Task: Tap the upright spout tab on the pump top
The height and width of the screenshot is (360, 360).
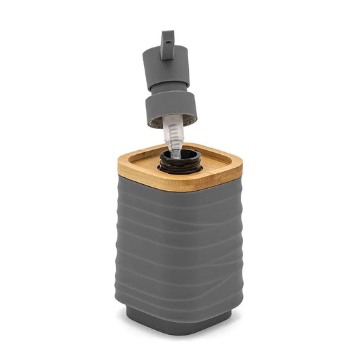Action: pos(167,41)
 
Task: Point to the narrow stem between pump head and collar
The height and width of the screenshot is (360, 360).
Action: pos(169,88)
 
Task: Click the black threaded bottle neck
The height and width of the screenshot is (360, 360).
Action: pos(179,163)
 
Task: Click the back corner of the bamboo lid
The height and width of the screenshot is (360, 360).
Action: pos(204,145)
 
